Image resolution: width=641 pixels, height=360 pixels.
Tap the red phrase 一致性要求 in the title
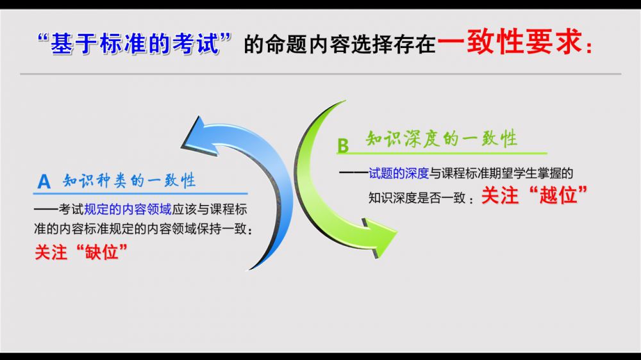(x=510, y=41)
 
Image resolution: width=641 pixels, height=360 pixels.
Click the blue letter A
(x=44, y=181)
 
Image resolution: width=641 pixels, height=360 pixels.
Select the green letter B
(x=343, y=146)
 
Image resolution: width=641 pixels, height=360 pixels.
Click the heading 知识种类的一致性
(x=129, y=180)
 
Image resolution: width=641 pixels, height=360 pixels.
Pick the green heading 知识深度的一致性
(x=442, y=138)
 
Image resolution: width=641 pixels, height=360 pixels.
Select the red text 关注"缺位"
(x=81, y=252)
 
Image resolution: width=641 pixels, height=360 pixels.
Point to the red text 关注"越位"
(x=534, y=195)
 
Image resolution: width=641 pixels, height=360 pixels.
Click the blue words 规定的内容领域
(x=128, y=209)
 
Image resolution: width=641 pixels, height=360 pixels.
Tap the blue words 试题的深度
(x=399, y=173)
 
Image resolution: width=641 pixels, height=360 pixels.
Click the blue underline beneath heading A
(x=140, y=193)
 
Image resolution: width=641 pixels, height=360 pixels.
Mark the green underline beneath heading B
(x=442, y=154)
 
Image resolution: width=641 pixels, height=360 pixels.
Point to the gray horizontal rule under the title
(x=320, y=74)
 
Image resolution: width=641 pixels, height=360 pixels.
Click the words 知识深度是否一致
(x=417, y=198)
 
